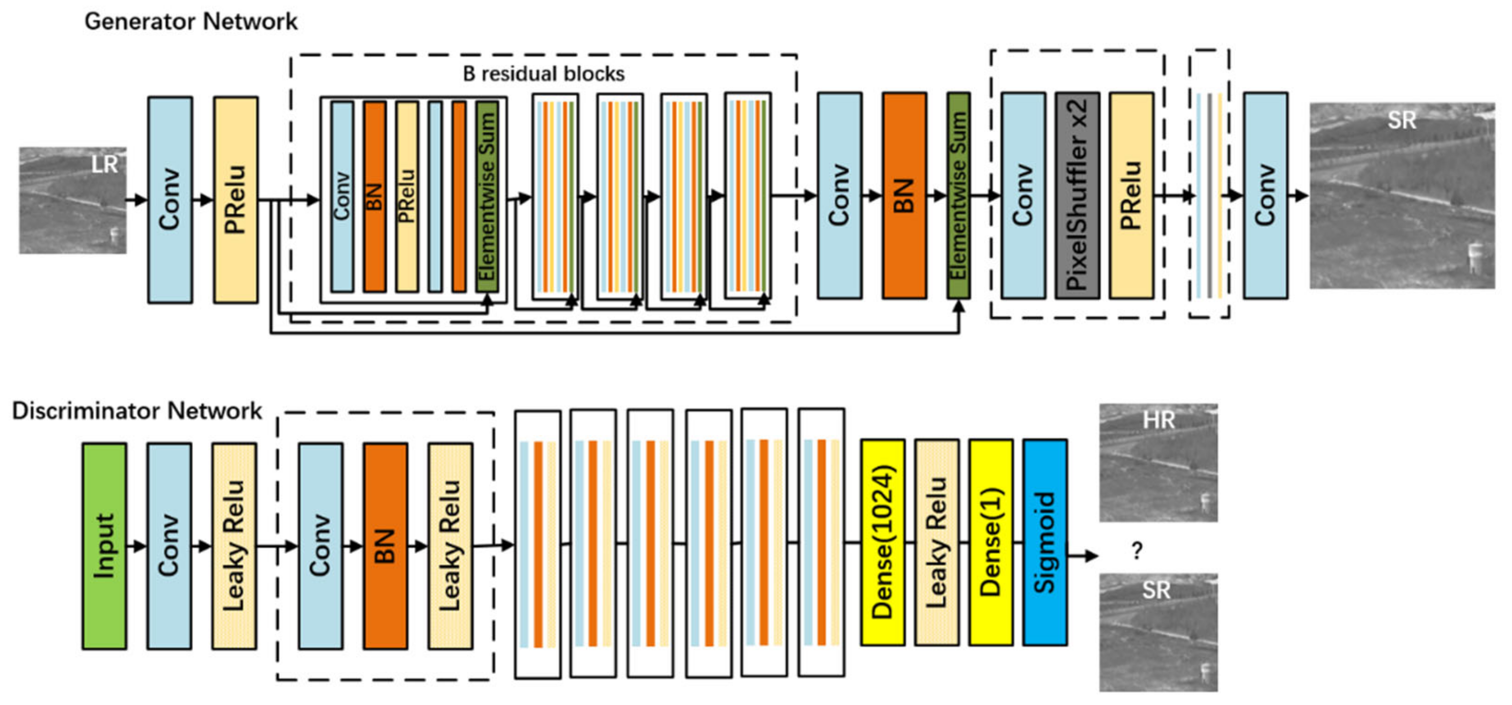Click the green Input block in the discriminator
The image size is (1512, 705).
point(104,545)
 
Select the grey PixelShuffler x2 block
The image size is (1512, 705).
point(1077,195)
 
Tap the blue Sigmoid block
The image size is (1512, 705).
point(1045,542)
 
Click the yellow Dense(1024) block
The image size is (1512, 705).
point(882,542)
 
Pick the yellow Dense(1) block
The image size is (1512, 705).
point(991,542)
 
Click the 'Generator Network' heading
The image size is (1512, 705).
point(191,22)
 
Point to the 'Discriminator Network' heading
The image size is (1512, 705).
point(137,410)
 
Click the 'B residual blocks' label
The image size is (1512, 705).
point(543,74)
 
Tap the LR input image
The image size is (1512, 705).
point(72,200)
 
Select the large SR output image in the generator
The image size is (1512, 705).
point(1402,195)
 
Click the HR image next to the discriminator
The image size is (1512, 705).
point(1158,462)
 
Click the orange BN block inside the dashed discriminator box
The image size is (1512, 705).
point(385,545)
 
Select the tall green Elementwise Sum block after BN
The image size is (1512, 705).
point(958,195)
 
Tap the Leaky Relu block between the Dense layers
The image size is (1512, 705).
point(937,542)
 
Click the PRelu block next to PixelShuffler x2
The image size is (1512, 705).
point(1131,195)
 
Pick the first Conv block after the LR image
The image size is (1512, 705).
point(170,200)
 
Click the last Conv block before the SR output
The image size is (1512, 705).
point(1266,195)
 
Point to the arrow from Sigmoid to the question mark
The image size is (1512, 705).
point(1083,555)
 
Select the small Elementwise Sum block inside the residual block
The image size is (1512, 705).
point(487,197)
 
